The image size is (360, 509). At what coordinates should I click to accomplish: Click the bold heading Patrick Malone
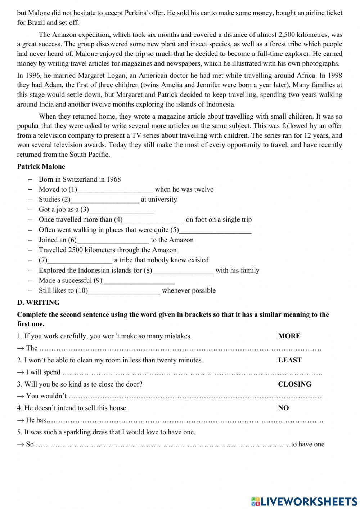pos(41,166)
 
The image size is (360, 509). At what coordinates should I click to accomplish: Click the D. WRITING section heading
pos(39,302)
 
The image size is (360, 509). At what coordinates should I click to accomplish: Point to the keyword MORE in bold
pos(289,336)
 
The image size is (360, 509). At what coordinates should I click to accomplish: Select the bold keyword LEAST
pos(290,360)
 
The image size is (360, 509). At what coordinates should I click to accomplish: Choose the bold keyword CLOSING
pos(294,384)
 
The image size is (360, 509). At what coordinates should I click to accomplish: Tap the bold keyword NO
pos(283,408)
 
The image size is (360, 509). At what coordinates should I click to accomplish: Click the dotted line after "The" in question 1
pos(180,348)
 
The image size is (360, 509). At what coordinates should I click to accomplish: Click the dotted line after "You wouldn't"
pos(194,396)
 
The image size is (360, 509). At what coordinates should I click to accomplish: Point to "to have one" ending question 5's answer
pos(308,444)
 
